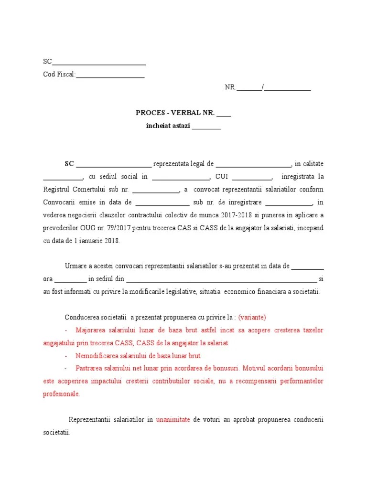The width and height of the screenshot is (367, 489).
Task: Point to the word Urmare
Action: (x=75, y=266)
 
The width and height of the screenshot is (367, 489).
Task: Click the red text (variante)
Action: (x=252, y=317)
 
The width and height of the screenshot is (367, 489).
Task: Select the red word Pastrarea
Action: (x=90, y=369)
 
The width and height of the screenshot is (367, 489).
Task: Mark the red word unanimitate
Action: (x=173, y=420)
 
